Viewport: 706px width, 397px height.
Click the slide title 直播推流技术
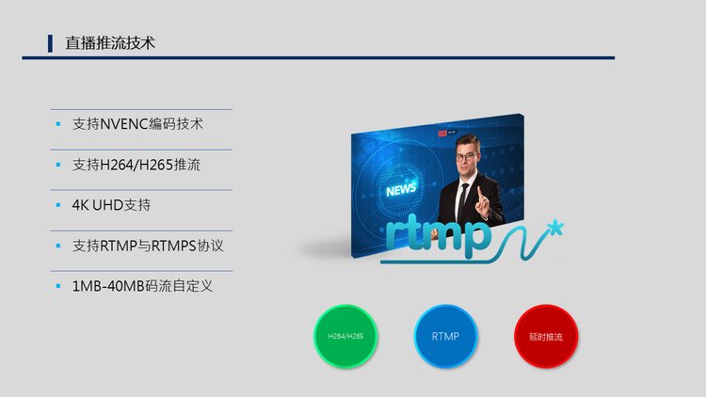(110, 43)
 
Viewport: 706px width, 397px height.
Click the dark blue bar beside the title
(50, 43)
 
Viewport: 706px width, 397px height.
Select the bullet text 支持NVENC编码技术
(137, 124)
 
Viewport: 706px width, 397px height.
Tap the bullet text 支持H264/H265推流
(136, 165)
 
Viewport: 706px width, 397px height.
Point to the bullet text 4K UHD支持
(111, 205)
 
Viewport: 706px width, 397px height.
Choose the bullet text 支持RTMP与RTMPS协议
(148, 246)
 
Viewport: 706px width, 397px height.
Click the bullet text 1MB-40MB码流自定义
(142, 286)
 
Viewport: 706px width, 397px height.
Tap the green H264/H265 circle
(345, 336)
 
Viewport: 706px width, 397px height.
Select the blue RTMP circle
(445, 336)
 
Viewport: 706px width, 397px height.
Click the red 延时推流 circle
(546, 336)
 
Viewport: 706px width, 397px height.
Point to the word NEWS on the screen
(401, 189)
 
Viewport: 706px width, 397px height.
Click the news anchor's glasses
(466, 157)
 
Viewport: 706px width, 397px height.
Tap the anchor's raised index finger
(480, 194)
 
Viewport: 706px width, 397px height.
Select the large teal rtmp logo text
(438, 235)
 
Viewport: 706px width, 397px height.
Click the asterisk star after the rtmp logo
(556, 228)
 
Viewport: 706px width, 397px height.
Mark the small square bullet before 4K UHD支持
(58, 205)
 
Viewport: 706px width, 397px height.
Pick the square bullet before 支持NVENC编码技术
(58, 124)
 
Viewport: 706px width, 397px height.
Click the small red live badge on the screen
(441, 134)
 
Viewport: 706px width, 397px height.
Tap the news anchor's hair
(467, 142)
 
